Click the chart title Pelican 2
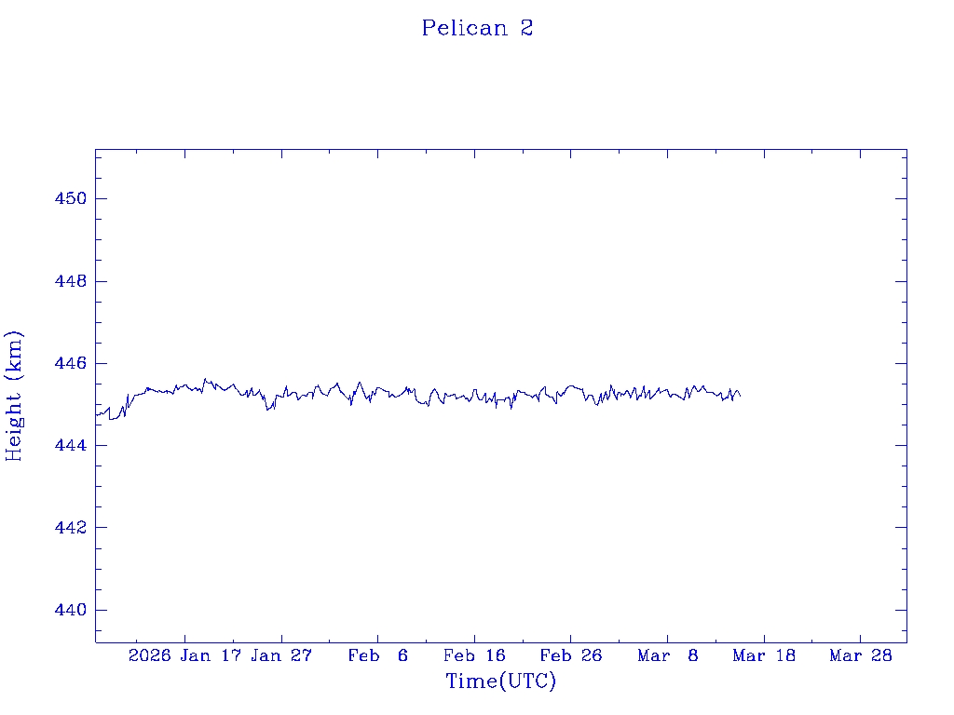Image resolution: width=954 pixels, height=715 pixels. [x=477, y=28]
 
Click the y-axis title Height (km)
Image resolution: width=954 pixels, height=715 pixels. [x=14, y=396]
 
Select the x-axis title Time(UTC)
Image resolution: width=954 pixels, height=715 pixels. [x=501, y=681]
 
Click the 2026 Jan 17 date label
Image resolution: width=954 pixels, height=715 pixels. [x=184, y=655]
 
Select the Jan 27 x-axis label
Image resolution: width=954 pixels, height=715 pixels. [x=281, y=655]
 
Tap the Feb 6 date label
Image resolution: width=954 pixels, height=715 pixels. [x=377, y=655]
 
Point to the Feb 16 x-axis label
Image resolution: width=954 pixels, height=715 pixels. [x=474, y=655]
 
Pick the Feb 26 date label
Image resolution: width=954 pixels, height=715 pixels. [x=571, y=655]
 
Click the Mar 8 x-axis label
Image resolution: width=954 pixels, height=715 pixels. [x=668, y=655]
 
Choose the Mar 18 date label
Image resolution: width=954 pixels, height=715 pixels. [x=764, y=655]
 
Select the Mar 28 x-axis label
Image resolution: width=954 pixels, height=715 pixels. [x=861, y=655]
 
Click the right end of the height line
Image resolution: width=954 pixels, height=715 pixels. [x=740, y=397]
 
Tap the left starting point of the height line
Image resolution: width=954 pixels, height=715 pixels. [x=96, y=414]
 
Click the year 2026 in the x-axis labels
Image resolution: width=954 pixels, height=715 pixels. [x=149, y=655]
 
